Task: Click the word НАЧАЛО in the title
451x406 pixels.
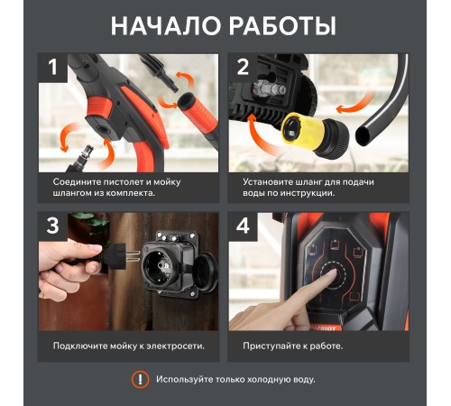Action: tap(165, 25)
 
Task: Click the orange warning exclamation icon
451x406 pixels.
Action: tap(140, 379)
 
